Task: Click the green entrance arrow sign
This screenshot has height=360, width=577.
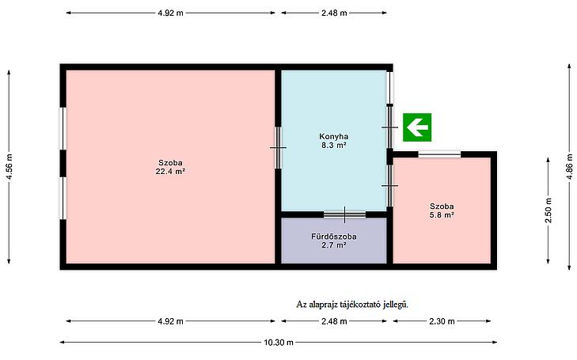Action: point(417,127)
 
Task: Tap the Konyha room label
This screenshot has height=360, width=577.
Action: point(334,136)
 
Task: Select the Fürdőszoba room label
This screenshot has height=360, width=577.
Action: point(334,237)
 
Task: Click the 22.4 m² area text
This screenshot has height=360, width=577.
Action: point(170,172)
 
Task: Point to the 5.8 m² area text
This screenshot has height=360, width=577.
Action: point(442,215)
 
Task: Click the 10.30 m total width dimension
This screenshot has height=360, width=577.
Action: point(279,343)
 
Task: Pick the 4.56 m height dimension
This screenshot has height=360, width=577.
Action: point(9,167)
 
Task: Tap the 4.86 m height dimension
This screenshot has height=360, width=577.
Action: point(569,167)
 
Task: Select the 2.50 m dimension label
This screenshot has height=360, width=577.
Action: point(549,210)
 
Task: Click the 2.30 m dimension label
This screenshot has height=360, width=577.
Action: point(442,321)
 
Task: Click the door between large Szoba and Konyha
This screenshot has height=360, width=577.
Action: point(278,148)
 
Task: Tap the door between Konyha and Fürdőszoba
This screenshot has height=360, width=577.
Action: point(345,214)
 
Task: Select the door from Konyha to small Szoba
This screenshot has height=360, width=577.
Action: point(389,186)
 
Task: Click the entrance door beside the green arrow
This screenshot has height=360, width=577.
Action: point(389,127)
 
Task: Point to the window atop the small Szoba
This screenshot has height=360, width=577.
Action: point(439,154)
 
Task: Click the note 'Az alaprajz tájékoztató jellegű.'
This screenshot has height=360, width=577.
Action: point(352,305)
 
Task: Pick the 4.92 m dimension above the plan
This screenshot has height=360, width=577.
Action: point(170,13)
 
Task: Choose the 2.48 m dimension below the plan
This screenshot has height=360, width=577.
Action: point(334,321)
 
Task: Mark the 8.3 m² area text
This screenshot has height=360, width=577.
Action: point(334,146)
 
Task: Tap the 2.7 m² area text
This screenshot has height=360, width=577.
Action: point(334,245)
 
